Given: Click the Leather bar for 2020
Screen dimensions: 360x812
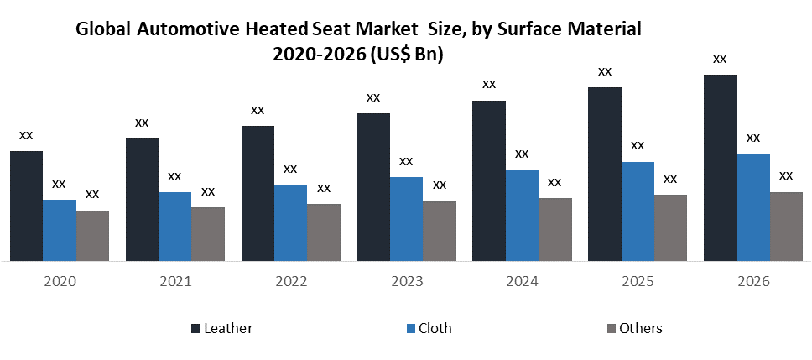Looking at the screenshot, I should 26,206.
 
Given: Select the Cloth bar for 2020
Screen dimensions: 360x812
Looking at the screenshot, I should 60,230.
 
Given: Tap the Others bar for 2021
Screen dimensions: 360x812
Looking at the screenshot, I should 208,234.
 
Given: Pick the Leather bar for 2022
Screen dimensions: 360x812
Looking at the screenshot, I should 258,193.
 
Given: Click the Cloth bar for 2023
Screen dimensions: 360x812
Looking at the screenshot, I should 406,219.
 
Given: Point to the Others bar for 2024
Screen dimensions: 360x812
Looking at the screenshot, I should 554,229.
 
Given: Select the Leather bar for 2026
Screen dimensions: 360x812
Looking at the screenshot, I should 720,168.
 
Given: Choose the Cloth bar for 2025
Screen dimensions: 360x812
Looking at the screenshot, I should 638,211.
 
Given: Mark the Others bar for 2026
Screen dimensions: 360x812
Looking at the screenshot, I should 786,227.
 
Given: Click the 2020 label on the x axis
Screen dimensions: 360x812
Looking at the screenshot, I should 60,282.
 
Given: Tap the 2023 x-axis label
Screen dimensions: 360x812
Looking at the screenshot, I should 407,282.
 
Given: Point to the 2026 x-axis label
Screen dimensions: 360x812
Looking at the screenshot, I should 753,282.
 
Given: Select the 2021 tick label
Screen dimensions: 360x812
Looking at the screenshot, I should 175,282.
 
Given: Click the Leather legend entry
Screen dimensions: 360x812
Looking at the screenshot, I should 221,328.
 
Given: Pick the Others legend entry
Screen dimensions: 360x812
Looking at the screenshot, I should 633,328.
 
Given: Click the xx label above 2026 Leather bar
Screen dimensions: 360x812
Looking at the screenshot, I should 720,59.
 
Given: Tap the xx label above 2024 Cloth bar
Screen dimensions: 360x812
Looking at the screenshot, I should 522,154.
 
